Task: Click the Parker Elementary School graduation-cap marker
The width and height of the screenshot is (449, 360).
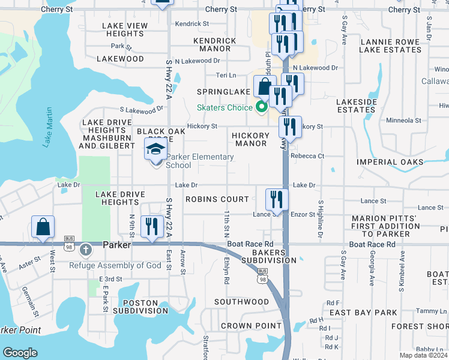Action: [155, 149]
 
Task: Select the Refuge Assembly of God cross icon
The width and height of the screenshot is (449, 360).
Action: [86, 248]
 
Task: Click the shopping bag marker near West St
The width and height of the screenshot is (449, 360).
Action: [43, 227]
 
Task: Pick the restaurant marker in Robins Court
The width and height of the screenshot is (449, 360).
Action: [277, 199]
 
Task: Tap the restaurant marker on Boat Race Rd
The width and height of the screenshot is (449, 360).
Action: [151, 227]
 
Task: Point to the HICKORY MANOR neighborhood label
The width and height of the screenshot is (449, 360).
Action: [250, 140]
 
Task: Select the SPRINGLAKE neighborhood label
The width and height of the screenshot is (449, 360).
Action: [224, 92]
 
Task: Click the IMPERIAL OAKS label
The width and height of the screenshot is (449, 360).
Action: [390, 162]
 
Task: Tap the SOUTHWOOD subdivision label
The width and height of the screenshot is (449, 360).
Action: [242, 302]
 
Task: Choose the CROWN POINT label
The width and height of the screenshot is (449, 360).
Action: [251, 326]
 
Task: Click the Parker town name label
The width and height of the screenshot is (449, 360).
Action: [116, 245]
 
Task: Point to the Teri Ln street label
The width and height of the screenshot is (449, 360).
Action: [226, 76]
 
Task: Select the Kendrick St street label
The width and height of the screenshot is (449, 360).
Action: [192, 24]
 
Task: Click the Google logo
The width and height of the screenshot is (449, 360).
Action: [20, 353]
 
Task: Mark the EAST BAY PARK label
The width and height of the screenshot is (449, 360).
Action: [363, 313]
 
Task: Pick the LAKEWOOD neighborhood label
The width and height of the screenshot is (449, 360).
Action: [123, 59]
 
